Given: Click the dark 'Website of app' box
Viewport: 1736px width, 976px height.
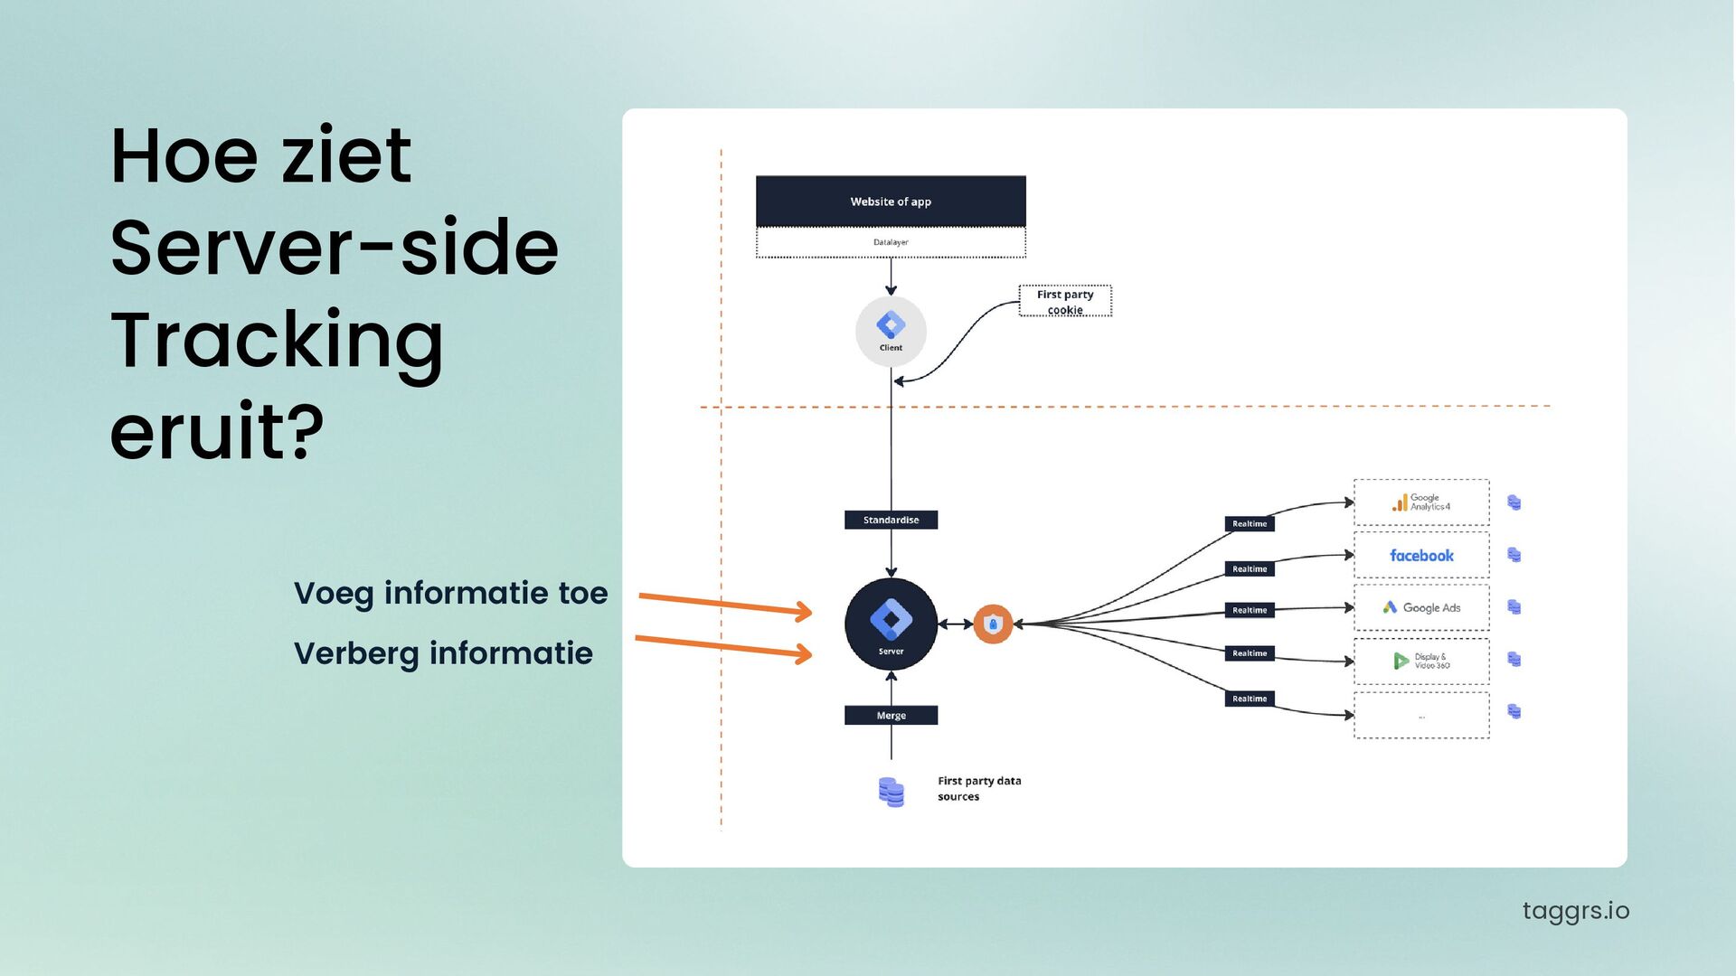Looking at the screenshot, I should [891, 201].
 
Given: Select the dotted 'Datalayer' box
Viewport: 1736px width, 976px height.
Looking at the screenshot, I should [891, 242].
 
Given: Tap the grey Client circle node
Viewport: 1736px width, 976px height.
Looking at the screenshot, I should [891, 331].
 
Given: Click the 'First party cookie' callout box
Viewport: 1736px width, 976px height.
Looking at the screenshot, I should [1065, 301].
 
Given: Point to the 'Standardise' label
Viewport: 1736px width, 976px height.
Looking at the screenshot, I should [891, 520].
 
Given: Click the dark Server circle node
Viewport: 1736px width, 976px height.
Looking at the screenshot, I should [891, 624].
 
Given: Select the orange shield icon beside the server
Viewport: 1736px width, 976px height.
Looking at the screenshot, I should [993, 624].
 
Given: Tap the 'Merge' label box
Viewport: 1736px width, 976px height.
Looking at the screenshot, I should [891, 715].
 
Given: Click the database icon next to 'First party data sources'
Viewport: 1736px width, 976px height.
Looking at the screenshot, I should [891, 792].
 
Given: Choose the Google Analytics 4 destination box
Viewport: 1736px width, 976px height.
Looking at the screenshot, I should [1420, 502].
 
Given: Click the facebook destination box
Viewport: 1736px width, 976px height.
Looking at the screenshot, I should [1420, 555].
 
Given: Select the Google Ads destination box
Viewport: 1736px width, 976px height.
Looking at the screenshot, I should [1420, 607].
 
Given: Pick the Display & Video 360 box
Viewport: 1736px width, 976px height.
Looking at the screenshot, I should [1420, 661].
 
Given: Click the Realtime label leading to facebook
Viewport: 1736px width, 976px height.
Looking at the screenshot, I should [1250, 568].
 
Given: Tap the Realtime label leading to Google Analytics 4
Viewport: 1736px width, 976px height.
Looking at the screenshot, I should [1250, 523].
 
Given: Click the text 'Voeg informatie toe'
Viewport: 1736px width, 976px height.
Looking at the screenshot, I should [450, 593].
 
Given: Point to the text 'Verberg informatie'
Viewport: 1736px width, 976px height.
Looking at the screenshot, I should [443, 652].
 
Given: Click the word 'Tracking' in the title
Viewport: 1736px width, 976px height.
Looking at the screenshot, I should [277, 340].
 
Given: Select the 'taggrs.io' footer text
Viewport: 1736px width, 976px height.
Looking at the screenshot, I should [1575, 910].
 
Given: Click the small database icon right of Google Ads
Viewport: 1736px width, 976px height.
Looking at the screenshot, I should [1514, 607].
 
